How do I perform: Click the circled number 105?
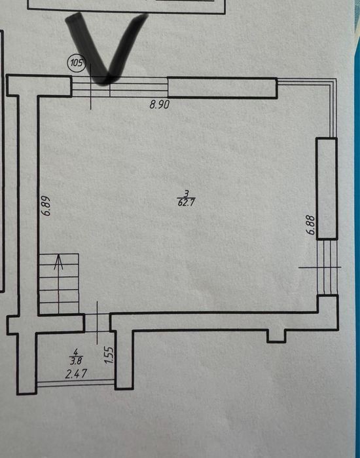(x=77, y=62)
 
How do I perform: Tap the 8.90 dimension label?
(x=159, y=104)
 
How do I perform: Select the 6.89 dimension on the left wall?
(x=46, y=205)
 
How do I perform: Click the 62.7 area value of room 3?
(x=186, y=202)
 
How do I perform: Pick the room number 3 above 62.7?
(x=187, y=193)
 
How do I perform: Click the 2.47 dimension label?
(x=76, y=374)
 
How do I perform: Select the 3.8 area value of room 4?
(x=76, y=361)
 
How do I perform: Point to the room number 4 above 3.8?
(x=76, y=351)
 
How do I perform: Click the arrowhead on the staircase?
(x=59, y=261)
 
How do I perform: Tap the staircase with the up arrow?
(x=59, y=283)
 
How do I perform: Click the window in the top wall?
(x=120, y=86)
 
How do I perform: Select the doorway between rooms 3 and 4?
(x=97, y=322)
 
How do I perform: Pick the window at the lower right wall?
(x=327, y=267)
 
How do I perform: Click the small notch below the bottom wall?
(x=276, y=336)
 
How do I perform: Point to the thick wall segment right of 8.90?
(x=222, y=87)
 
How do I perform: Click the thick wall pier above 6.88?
(x=327, y=189)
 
